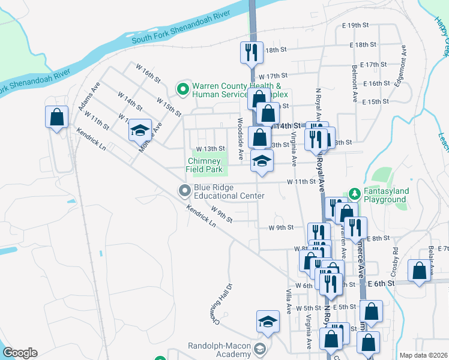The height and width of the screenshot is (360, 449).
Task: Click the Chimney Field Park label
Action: [205, 165]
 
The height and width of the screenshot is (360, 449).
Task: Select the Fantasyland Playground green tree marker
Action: [354, 194]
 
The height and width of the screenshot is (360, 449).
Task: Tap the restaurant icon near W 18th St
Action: [252, 52]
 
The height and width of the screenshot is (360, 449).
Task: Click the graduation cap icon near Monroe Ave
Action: [140, 129]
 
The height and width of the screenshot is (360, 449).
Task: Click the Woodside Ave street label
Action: [240, 139]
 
